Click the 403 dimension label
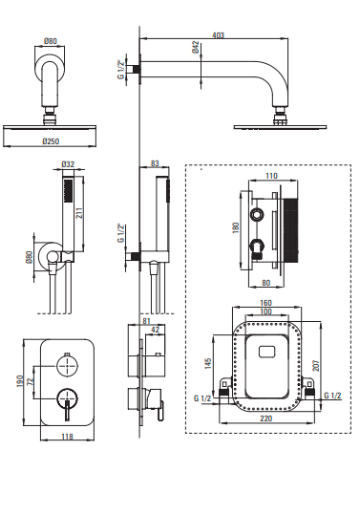(x=219, y=34)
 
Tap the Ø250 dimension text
(x=51, y=141)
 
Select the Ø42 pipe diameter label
(x=196, y=47)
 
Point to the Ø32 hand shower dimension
(x=68, y=164)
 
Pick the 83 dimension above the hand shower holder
(x=155, y=163)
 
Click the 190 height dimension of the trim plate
(x=20, y=381)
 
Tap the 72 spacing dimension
(x=31, y=381)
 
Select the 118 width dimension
(x=67, y=437)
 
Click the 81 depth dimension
(x=146, y=321)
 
